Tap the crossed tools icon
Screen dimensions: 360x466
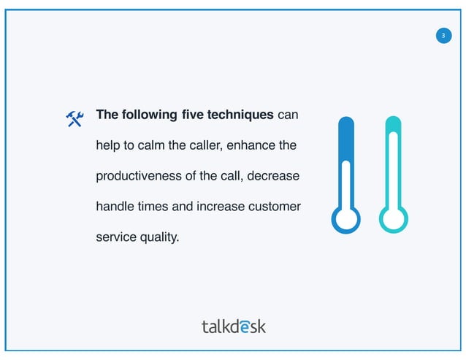(x=75, y=118)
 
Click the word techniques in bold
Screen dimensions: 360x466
(x=241, y=115)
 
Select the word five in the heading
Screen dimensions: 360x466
(x=192, y=115)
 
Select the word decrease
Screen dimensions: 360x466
(x=275, y=176)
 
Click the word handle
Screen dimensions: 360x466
(x=114, y=207)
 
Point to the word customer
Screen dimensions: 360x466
(x=275, y=207)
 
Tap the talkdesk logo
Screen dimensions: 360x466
(x=233, y=326)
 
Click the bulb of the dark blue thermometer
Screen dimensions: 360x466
(x=346, y=218)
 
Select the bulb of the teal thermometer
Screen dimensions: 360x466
(x=393, y=218)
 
